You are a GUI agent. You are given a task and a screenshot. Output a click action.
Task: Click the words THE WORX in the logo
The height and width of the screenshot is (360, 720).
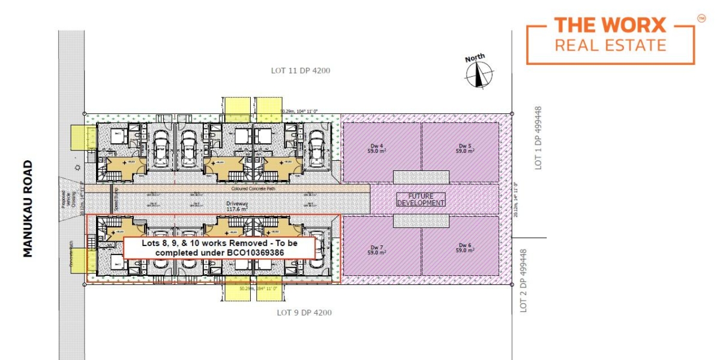click(x=610, y=26)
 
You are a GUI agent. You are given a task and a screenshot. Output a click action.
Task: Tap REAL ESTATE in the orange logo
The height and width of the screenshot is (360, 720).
click(x=610, y=45)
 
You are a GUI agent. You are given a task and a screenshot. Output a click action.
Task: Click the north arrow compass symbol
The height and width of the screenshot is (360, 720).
click(x=478, y=73)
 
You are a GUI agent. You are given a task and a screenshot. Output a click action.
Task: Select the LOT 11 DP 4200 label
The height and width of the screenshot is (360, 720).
click(x=301, y=71)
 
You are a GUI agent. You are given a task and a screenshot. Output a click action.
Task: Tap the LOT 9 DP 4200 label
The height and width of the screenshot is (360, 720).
click(x=304, y=313)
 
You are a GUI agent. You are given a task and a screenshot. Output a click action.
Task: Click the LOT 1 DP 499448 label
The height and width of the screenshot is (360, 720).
click(x=538, y=138)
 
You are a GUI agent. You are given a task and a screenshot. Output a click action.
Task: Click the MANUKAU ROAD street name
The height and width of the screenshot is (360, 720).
click(x=28, y=209)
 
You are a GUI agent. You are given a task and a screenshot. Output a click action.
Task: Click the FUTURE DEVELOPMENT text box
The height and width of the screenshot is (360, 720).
click(x=421, y=200)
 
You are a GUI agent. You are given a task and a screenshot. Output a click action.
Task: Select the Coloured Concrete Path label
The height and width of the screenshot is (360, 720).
click(x=249, y=188)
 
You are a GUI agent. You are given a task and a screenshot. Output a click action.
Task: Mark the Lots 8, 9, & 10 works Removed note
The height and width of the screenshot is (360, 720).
click(x=219, y=248)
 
